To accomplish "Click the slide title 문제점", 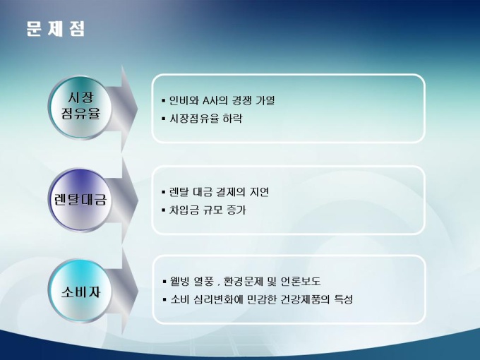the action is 55,29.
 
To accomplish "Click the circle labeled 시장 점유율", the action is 80,107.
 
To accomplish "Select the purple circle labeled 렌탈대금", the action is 80,200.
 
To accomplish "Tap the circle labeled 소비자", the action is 80,291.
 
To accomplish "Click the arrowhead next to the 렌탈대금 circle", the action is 128,200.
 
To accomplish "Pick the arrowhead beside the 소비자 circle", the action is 128,292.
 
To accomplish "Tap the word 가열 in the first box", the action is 265,100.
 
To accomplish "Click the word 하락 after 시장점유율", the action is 233,118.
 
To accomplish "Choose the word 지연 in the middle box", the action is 259,192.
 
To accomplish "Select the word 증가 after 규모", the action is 236,210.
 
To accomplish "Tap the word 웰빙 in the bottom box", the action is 180,281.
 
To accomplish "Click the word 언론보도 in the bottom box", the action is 301,281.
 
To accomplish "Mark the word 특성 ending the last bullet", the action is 344,299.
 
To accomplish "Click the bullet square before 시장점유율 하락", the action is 164,119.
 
